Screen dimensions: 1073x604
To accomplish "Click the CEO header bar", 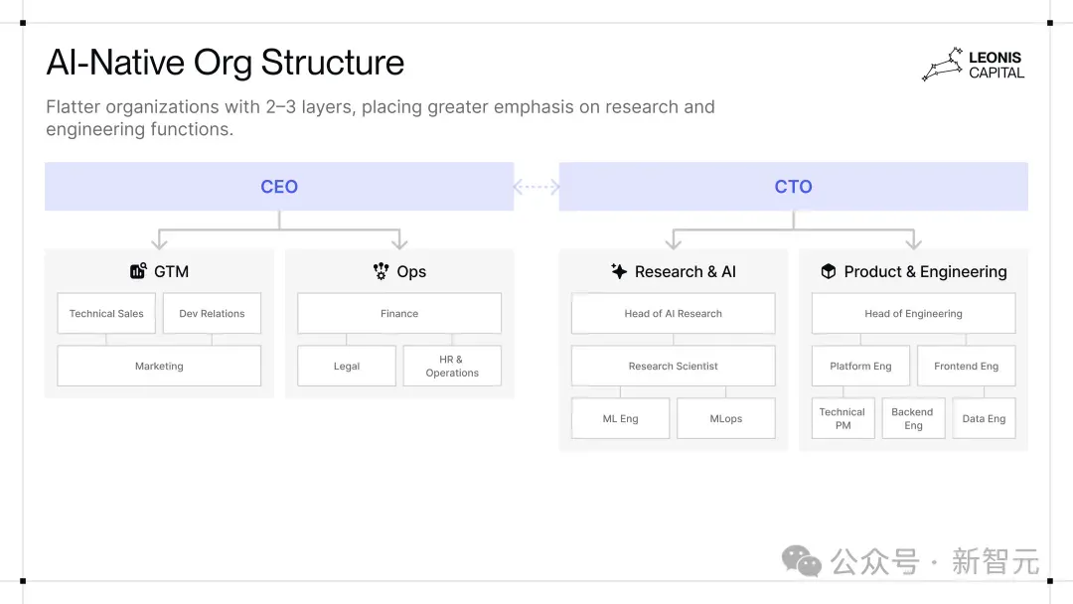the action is tap(279, 186).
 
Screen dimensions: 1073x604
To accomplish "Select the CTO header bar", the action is tap(793, 186).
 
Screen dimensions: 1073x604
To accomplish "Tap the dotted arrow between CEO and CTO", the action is tap(536, 187).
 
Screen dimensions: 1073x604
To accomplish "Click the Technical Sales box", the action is tap(106, 313).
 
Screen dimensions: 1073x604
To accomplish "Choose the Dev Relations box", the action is tap(213, 313).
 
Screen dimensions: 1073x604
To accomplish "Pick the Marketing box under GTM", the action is tap(159, 366).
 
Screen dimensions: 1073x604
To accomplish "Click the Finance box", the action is tap(399, 313).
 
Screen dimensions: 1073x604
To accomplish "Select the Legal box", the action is tap(347, 366).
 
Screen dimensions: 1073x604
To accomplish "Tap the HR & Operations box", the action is tap(452, 366).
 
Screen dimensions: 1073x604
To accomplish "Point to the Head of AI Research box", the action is tap(674, 313).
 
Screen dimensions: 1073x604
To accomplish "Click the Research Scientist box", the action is tap(674, 366).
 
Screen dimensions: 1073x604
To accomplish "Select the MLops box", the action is tap(726, 418).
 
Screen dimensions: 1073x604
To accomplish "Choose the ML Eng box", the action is tap(621, 418).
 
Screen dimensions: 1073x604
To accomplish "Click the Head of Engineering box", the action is tap(914, 313).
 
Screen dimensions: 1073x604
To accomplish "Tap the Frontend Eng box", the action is tap(967, 366).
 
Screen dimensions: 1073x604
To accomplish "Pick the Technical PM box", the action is tap(843, 418).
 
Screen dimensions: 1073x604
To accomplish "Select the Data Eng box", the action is tap(984, 418).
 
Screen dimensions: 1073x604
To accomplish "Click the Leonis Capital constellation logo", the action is tap(943, 65).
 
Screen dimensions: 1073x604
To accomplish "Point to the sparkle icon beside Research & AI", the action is tap(619, 271).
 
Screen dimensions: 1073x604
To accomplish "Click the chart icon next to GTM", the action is tap(138, 271).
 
